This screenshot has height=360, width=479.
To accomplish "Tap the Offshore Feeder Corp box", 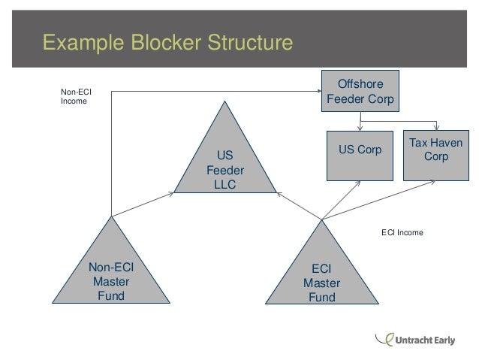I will (x=360, y=91).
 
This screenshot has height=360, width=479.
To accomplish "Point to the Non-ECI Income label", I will (x=75, y=98).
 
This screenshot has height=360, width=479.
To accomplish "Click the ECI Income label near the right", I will (x=402, y=233).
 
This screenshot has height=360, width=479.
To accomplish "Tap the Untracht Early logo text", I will (x=425, y=340).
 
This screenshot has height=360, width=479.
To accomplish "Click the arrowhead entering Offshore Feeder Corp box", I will (x=318, y=92).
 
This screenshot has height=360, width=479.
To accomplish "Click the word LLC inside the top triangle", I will (x=224, y=184).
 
